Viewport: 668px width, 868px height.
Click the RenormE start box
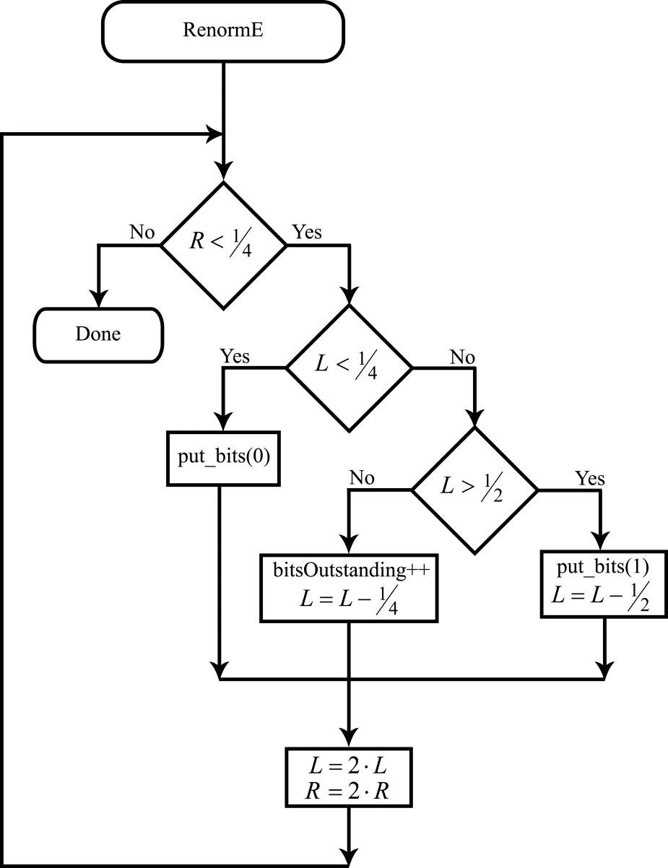coord(222,31)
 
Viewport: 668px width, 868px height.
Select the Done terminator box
coord(98,334)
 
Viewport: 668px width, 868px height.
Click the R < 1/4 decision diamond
coord(222,245)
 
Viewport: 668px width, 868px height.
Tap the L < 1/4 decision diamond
coord(350,368)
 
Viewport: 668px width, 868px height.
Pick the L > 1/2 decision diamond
coord(475,490)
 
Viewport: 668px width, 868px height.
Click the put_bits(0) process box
coord(223,459)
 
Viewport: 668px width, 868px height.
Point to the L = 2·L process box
coord(350,778)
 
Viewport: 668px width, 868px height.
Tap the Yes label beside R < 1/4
coord(307,233)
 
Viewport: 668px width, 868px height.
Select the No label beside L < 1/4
coord(461,356)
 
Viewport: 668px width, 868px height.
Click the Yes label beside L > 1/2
coord(589,478)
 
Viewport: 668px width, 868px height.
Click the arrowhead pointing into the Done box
coord(98,300)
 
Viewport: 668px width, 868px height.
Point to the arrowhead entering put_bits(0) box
coord(223,423)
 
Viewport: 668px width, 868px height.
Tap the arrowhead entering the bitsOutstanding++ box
coord(350,546)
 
